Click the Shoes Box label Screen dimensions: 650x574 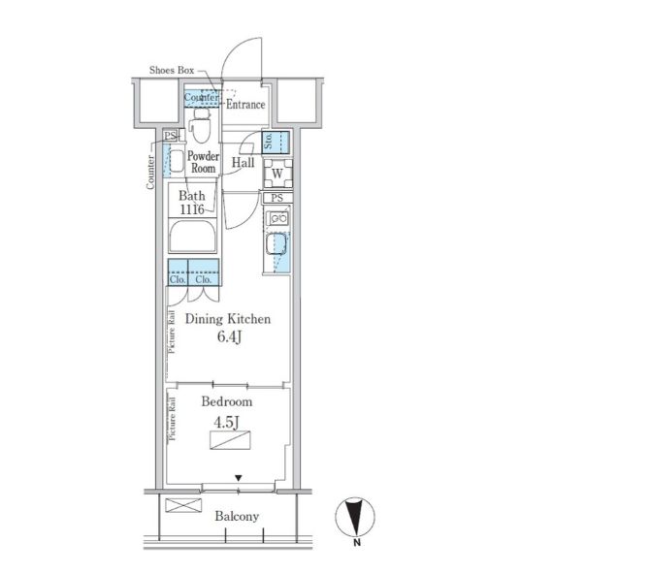172,70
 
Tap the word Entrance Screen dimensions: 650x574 245,104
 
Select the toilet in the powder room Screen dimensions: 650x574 202,125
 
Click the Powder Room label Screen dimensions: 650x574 203,162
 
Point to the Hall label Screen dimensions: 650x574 243,163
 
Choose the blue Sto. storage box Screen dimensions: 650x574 276,143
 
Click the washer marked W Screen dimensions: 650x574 278,174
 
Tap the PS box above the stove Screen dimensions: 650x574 277,198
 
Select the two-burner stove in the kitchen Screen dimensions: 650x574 278,218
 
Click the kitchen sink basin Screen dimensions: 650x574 276,244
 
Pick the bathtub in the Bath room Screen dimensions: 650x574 192,237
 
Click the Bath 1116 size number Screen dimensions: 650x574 192,209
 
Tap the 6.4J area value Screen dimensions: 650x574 229,337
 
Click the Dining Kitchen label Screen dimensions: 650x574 228,319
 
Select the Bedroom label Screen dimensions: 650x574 227,401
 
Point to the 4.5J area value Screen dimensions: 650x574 226,423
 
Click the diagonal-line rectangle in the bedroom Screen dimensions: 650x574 230,440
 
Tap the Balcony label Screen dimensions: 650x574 237,516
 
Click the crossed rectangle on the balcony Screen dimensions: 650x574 183,505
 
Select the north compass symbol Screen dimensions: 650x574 355,518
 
